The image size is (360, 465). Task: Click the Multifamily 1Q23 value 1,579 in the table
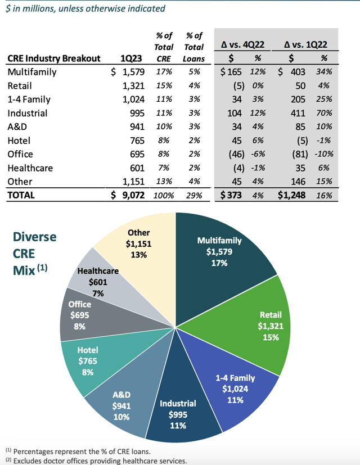(133, 72)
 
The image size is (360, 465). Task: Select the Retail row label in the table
(20, 85)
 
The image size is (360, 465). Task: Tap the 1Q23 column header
(131, 58)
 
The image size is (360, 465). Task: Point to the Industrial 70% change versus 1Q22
(324, 113)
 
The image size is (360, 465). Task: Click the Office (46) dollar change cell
(237, 154)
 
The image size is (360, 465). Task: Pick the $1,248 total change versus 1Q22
(292, 195)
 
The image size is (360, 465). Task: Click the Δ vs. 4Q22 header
(243, 45)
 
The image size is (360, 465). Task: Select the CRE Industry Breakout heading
(54, 58)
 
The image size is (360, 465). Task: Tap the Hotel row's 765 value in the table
(137, 141)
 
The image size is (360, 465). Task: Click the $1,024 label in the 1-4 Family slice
(235, 389)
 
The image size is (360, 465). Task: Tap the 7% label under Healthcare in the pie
(98, 294)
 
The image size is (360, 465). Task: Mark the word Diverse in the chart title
(35, 237)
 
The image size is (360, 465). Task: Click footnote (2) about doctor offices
(96, 461)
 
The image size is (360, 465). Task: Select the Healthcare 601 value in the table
(137, 168)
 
